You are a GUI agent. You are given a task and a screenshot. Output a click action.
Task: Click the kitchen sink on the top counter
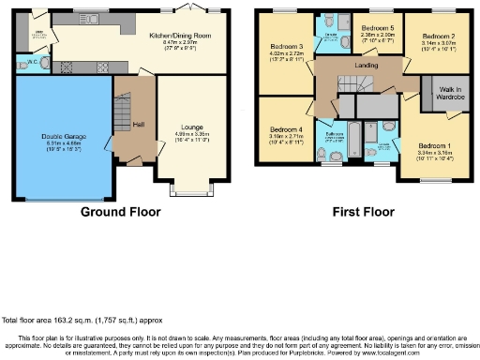(x=92, y=18)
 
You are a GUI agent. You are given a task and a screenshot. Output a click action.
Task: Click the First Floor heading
(x=363, y=213)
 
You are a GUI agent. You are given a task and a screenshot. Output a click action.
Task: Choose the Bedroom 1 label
(x=434, y=146)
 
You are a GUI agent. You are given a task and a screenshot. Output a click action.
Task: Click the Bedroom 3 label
(x=287, y=45)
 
